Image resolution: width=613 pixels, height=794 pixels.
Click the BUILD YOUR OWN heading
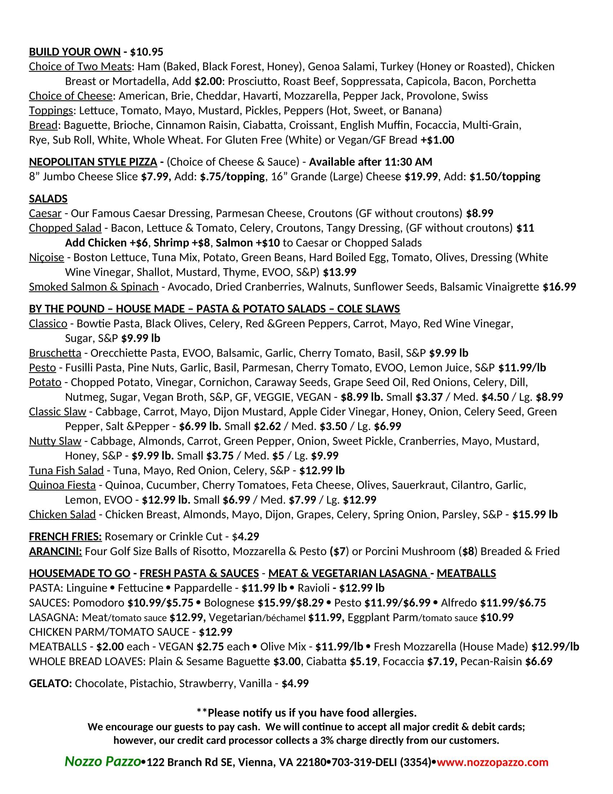74,52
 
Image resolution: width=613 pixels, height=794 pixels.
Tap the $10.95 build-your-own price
147,52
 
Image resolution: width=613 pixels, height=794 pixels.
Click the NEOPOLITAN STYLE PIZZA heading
93,162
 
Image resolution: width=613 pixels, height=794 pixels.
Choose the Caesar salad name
45,213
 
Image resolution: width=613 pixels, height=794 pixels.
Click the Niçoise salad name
47,257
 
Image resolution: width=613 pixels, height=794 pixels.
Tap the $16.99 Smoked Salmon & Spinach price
559,287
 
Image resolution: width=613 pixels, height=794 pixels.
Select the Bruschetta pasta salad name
55,353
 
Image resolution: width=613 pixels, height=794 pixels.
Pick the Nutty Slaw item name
55,441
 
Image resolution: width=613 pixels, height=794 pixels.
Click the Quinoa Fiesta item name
62,485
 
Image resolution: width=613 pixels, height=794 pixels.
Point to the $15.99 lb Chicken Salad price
535,514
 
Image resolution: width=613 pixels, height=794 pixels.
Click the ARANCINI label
56,551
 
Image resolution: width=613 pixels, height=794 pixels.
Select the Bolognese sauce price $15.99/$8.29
291,603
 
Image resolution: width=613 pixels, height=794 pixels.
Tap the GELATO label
50,684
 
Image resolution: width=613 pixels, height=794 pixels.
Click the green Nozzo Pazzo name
103,761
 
